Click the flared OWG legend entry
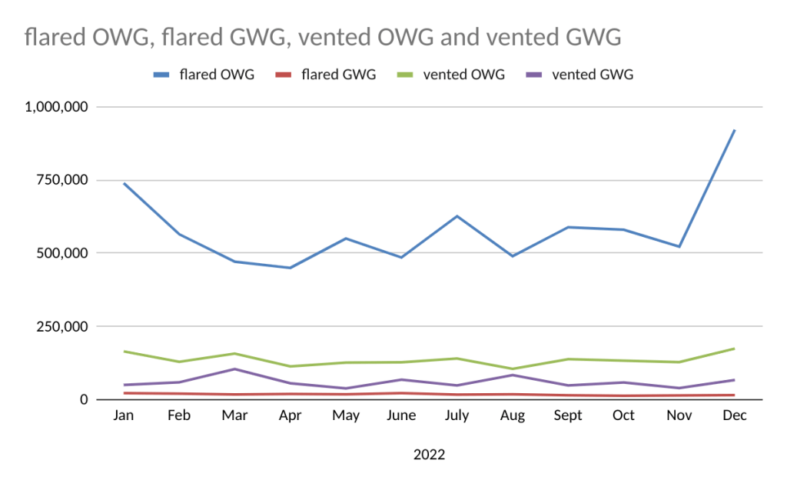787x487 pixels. [204, 75]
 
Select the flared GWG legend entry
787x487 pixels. [327, 75]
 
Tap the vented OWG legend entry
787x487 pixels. [453, 75]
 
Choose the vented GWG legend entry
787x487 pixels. [580, 75]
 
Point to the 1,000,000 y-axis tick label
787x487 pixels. [56, 107]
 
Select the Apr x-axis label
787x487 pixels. [290, 415]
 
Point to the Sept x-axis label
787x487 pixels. [568, 415]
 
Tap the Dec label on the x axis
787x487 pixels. [735, 415]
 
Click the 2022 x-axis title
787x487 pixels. [429, 455]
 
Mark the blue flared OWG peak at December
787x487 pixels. [735, 130]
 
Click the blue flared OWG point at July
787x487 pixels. [457, 216]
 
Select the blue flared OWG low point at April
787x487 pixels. [290, 268]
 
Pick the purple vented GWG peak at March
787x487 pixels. [234, 369]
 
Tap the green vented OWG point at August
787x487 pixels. [513, 369]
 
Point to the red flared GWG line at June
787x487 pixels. [401, 393]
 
